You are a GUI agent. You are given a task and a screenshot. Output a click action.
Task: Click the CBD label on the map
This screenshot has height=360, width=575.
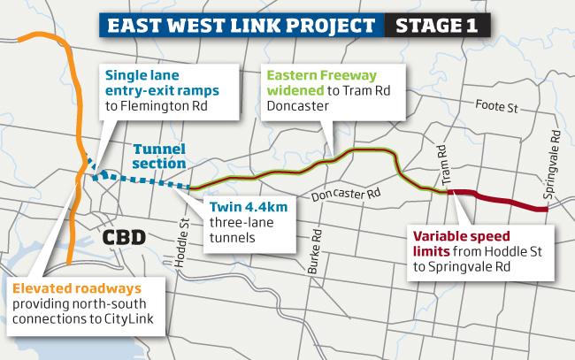(124, 238)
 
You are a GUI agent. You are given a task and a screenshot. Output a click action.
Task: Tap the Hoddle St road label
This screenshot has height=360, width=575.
(182, 243)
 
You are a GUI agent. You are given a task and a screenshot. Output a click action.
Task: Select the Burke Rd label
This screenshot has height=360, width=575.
(315, 251)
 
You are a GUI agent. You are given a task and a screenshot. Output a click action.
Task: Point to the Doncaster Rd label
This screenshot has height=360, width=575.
(346, 194)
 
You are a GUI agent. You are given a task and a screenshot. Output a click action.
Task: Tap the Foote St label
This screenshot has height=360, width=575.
(496, 106)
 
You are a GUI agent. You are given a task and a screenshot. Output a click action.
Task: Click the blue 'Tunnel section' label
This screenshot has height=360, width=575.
(159, 157)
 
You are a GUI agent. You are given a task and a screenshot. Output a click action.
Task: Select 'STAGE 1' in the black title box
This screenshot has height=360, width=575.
(436, 26)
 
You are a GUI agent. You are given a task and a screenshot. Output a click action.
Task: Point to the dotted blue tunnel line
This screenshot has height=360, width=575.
(140, 179)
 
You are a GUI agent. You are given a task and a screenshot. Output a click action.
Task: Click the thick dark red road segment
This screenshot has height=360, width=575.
(498, 200)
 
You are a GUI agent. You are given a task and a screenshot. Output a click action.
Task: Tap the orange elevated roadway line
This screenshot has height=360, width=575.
(78, 147)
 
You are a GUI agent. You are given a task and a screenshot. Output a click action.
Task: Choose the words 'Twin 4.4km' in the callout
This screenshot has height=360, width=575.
(249, 207)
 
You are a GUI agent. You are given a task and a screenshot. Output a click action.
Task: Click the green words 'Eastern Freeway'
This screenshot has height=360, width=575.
(322, 75)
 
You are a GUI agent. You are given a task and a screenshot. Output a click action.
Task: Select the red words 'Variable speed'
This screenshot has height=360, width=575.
(461, 236)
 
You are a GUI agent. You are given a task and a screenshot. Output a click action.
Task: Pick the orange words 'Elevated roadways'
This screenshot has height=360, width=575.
(77, 288)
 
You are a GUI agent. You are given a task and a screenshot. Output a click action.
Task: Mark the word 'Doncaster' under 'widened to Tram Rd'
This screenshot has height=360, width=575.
(298, 106)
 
